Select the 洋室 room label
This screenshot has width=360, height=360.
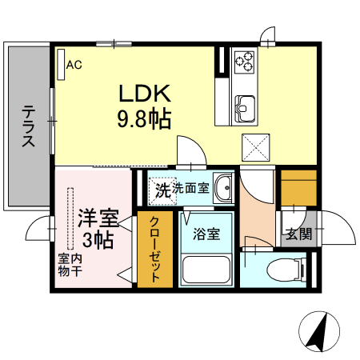click(98, 216)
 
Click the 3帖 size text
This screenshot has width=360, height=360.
click(98, 238)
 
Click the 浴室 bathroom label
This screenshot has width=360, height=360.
click(206, 235)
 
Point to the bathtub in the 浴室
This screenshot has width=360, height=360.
click(206, 269)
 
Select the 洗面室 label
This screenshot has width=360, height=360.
click(191, 189)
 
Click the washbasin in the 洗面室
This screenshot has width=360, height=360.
click(223, 189)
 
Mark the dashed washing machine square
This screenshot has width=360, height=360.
click(164, 190)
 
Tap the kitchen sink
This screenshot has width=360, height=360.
click(245, 104)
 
